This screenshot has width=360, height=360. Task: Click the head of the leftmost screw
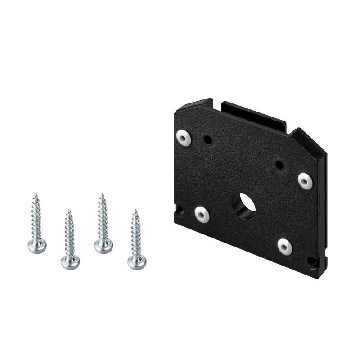(x=37, y=246)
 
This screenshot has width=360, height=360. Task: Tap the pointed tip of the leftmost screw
(x=35, y=194)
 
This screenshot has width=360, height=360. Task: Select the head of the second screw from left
(x=70, y=262)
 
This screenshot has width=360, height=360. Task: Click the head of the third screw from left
(x=103, y=245)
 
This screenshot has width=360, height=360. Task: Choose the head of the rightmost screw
(x=136, y=261)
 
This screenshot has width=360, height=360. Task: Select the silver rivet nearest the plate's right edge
(x=305, y=180)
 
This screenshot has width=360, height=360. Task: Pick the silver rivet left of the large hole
(x=202, y=214)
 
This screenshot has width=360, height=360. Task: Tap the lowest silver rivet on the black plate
(x=284, y=246)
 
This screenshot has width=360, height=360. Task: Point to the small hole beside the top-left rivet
(x=208, y=139)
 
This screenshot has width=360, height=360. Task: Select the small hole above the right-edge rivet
(x=279, y=165)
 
